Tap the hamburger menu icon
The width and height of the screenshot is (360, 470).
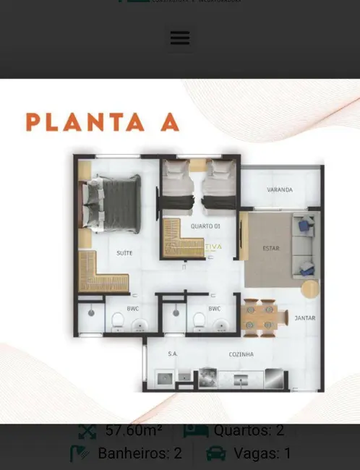tap(179, 38)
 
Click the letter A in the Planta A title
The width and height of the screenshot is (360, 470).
tap(169, 121)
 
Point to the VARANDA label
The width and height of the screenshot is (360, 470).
tap(280, 190)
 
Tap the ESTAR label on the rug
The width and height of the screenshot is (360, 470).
tap(271, 248)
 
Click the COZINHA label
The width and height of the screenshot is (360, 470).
tap(241, 354)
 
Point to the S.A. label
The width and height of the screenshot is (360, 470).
tap(172, 354)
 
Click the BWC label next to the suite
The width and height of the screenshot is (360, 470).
tap(133, 309)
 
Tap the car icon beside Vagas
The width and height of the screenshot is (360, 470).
tap(215, 454)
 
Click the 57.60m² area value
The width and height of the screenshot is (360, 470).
tap(134, 431)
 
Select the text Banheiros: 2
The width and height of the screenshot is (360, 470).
tap(140, 454)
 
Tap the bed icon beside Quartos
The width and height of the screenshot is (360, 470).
tap(195, 431)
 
